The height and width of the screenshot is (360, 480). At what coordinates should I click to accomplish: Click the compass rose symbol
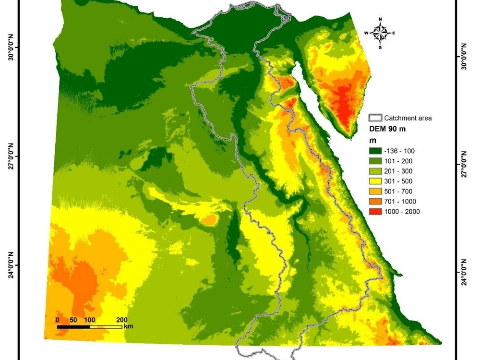(x=380, y=33)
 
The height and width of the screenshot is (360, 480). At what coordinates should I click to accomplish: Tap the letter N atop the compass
(x=380, y=19)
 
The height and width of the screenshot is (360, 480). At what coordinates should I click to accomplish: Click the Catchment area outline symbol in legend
(x=375, y=118)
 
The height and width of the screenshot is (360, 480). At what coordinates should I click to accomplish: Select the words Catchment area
(x=408, y=118)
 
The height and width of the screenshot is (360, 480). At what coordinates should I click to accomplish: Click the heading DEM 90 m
(x=387, y=129)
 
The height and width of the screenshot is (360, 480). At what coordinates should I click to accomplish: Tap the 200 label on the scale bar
(x=121, y=320)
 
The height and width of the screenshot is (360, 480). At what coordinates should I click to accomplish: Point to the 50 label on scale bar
(x=73, y=320)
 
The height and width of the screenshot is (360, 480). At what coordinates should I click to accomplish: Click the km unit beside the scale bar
(x=128, y=326)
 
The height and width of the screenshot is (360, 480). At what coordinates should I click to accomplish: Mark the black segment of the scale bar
(x=73, y=327)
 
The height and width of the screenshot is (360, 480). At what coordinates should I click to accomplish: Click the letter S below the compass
(x=380, y=48)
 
